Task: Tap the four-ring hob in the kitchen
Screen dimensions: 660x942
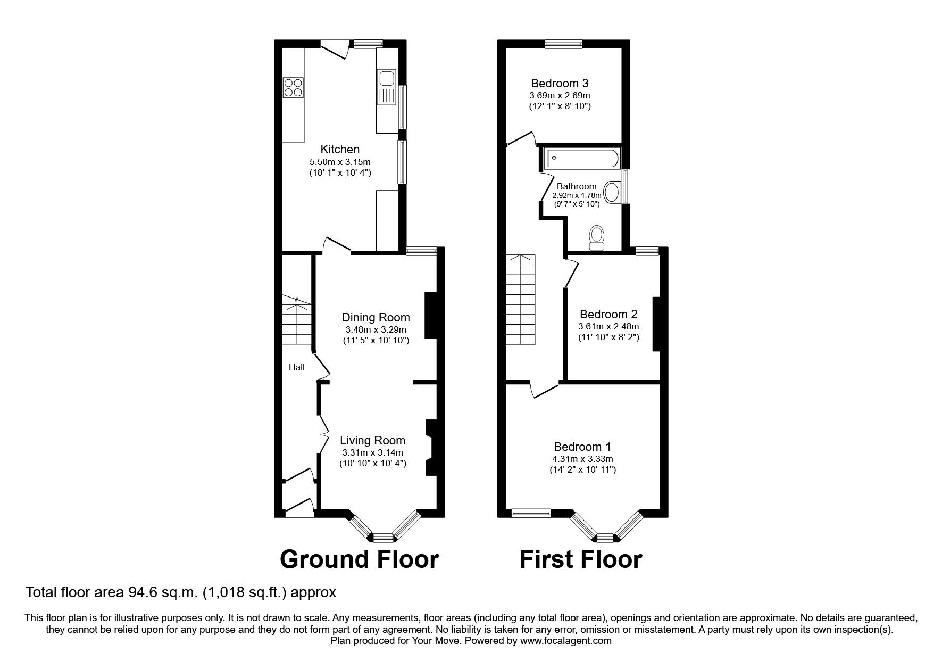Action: (x=293, y=87)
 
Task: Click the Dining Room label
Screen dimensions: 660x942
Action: (x=376, y=318)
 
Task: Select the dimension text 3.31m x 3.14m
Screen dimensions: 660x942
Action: (x=372, y=452)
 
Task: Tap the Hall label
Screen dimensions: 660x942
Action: (x=297, y=367)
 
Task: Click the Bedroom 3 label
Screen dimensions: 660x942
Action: (x=560, y=84)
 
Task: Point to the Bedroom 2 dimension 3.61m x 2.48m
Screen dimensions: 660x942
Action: (x=608, y=326)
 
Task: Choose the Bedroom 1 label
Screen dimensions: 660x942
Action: (x=582, y=447)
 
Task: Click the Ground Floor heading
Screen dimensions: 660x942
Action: (x=359, y=559)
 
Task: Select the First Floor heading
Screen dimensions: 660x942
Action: (x=581, y=559)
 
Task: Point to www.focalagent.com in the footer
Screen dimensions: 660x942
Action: (x=565, y=641)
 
